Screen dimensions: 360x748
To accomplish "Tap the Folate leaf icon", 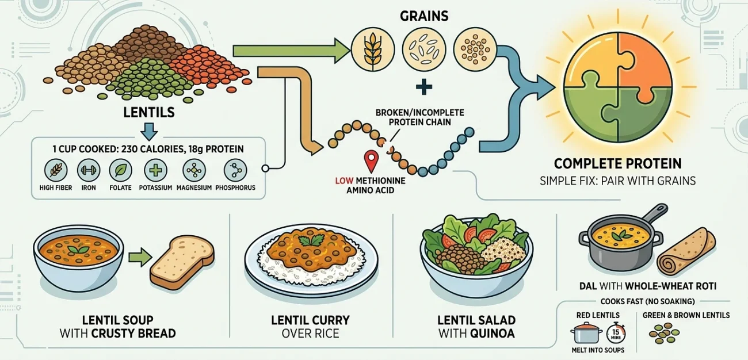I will coord(120,170).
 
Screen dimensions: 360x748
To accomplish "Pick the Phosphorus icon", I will coord(235,170).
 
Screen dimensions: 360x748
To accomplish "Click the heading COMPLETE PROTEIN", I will coord(617,163).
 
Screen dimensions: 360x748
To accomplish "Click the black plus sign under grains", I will coord(423,87).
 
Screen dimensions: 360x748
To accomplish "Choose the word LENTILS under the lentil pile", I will coord(148,112).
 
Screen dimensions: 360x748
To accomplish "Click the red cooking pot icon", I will coord(585,333).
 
